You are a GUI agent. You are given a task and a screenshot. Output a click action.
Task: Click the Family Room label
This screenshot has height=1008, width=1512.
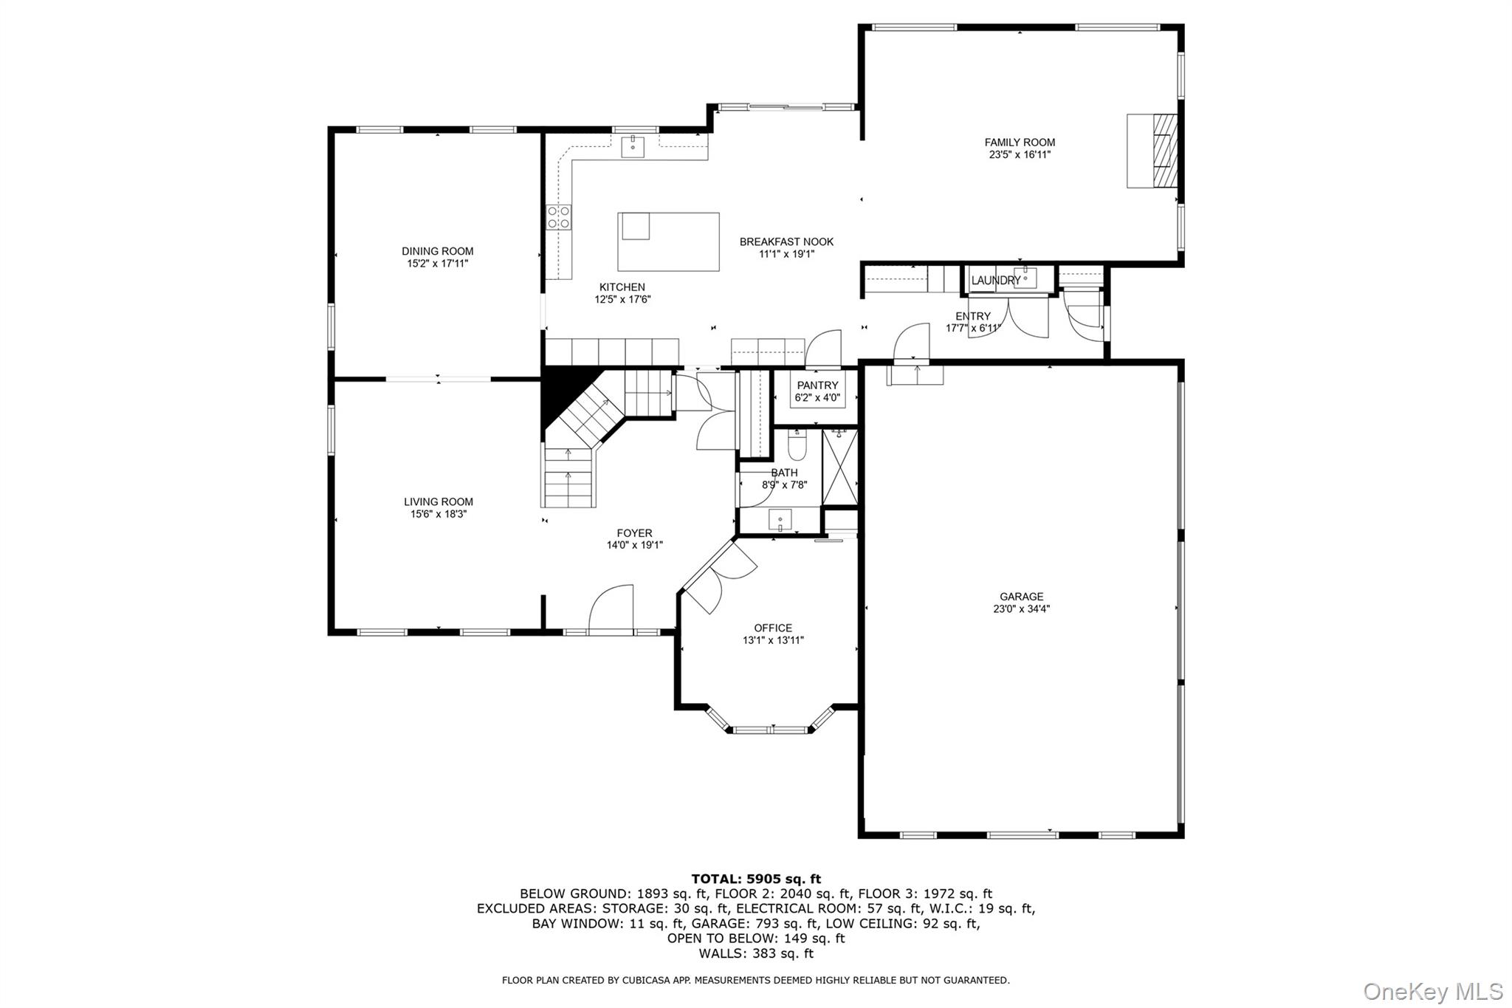(x=1020, y=143)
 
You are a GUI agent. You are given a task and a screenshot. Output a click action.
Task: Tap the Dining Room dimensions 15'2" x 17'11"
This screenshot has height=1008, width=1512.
(x=438, y=264)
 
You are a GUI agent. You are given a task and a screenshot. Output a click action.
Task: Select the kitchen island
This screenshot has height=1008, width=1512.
(x=668, y=241)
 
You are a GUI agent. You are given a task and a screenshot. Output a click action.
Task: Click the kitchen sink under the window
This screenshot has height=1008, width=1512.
(x=633, y=147)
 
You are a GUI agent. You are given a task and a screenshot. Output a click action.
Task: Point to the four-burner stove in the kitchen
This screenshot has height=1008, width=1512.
(x=558, y=216)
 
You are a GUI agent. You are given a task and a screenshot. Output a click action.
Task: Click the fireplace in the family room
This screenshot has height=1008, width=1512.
(x=1152, y=151)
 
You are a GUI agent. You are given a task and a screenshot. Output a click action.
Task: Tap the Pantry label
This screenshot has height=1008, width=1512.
(x=817, y=385)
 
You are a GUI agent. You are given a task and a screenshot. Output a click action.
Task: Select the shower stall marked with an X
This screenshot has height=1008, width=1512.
(x=840, y=467)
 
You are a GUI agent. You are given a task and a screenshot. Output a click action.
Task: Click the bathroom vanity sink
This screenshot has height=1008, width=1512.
(x=780, y=520)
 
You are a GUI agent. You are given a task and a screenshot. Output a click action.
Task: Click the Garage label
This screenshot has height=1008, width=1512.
(x=1022, y=597)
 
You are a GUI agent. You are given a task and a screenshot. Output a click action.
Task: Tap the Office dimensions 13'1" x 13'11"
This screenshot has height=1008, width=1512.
(x=773, y=641)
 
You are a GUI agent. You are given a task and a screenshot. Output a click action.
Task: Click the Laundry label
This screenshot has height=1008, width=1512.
(x=996, y=281)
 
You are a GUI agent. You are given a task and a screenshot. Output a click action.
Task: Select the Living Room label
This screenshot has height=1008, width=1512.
(x=439, y=502)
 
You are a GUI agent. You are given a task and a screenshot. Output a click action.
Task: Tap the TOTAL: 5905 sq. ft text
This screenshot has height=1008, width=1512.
(x=756, y=879)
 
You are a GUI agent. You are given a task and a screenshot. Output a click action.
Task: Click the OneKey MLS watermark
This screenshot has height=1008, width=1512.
(x=1433, y=991)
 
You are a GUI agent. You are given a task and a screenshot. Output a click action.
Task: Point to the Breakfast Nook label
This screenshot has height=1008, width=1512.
(x=786, y=241)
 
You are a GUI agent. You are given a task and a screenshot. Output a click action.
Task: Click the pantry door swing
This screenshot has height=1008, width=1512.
(x=823, y=349)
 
